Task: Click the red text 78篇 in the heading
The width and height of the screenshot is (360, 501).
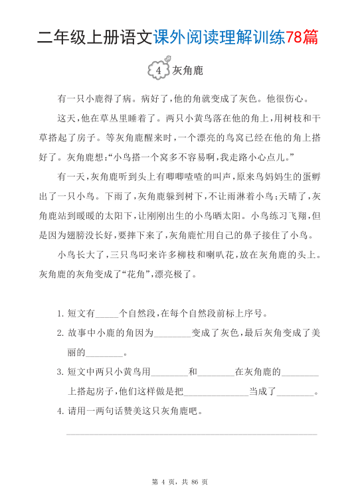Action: click(302, 38)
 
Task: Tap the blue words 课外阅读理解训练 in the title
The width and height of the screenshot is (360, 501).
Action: click(220, 38)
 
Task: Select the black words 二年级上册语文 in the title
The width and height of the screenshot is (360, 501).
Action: click(95, 38)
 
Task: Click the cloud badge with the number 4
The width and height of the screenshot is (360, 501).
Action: click(158, 69)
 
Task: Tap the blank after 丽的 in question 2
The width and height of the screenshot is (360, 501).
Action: click(105, 353)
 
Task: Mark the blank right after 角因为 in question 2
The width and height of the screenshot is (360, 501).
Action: click(172, 334)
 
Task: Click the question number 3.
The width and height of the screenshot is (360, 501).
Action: click(60, 372)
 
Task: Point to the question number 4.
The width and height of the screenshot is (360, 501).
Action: click(60, 411)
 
